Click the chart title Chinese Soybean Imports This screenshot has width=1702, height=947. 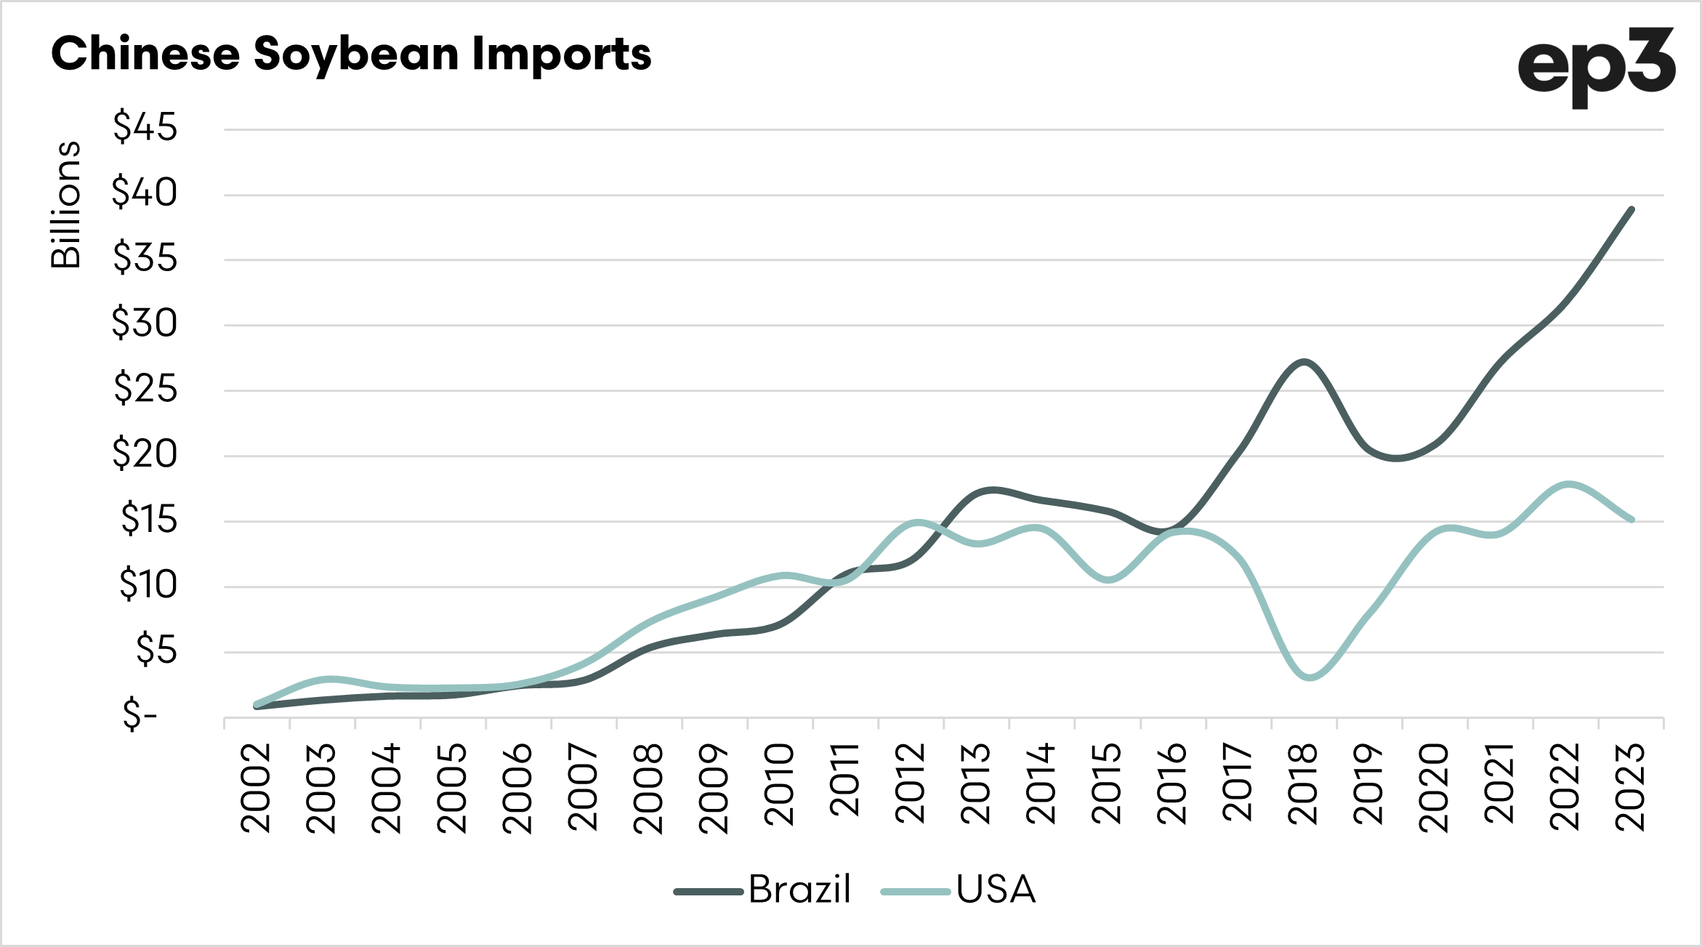[x=351, y=54]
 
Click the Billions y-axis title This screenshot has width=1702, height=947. [x=65, y=205]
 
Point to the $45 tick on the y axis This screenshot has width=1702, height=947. [x=145, y=127]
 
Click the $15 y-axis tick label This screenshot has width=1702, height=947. [x=148, y=519]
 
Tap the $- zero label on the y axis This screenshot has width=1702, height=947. [x=140, y=714]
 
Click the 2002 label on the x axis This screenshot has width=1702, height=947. [x=256, y=788]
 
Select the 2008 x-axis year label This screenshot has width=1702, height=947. [x=648, y=788]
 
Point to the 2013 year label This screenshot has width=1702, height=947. [x=975, y=783]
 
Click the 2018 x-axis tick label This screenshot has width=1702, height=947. [x=1302, y=783]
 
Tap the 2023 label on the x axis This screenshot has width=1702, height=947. [x=1630, y=787]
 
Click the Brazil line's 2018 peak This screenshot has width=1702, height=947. [x=1305, y=362]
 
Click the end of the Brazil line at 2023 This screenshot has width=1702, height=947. [x=1632, y=209]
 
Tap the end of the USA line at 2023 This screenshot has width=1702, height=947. [x=1632, y=520]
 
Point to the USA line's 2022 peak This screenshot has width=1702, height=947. [x=1568, y=484]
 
